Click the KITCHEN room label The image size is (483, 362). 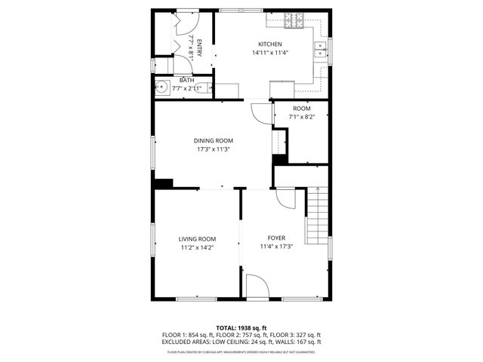[269, 44]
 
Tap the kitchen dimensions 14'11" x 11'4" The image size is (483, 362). [269, 53]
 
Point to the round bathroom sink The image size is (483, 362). [162, 87]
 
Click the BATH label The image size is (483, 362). [186, 79]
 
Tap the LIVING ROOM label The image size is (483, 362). [198, 239]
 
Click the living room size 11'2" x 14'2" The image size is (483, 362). [198, 247]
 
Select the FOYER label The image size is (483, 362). [276, 238]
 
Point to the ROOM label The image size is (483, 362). [302, 109]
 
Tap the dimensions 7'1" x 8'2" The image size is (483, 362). [302, 117]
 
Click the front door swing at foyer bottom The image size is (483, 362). [257, 286]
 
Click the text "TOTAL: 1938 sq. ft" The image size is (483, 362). [241, 327]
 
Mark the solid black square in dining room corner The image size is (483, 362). [163, 183]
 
